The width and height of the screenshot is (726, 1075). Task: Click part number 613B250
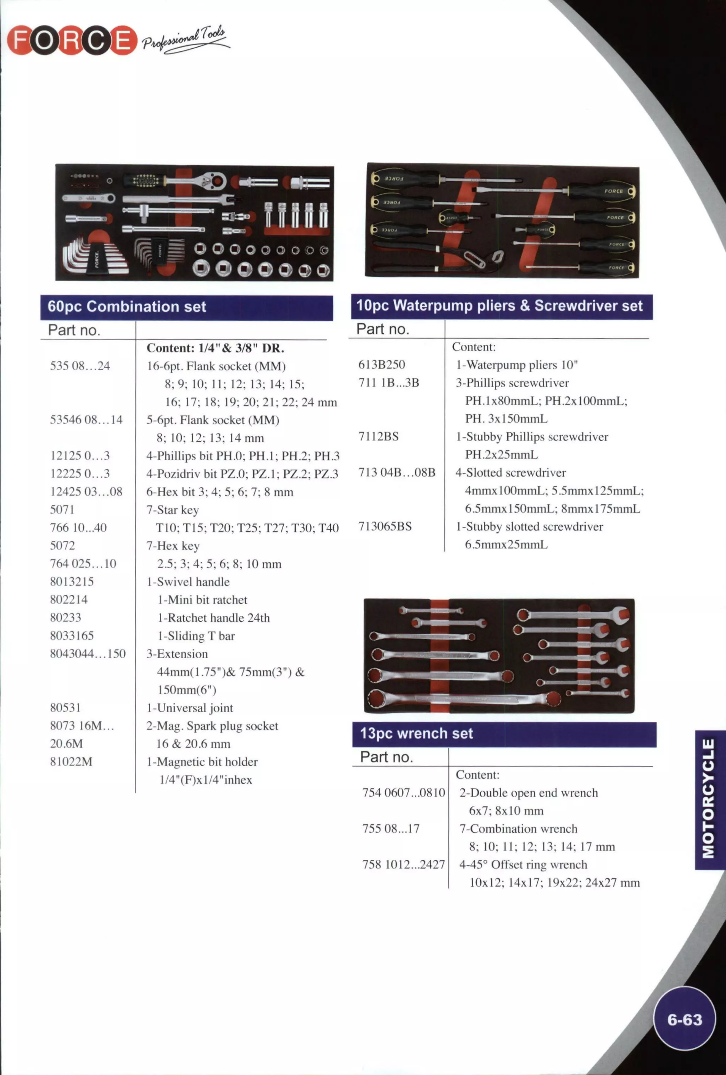coord(381,365)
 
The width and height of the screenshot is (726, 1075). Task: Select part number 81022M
coord(71,761)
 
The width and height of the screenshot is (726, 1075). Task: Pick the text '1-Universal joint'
coord(190,708)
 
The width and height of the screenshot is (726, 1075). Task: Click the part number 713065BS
coord(385,526)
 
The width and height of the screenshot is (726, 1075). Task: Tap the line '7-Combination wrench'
coord(518,829)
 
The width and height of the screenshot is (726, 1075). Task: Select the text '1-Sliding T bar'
coord(196,636)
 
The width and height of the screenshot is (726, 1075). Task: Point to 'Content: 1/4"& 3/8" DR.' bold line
coord(215,348)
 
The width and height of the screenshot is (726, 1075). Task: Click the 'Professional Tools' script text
coord(185,39)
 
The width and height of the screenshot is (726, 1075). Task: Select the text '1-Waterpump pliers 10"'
coord(516,365)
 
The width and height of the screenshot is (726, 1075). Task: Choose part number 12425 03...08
coord(86,491)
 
